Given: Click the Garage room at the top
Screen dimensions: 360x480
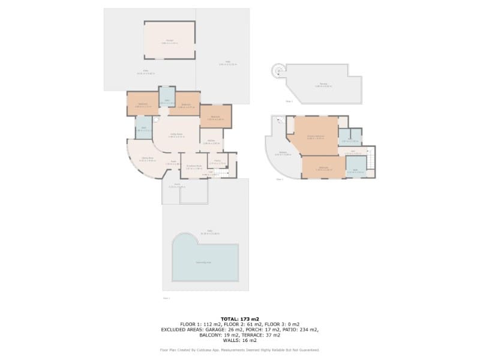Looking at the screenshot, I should [169, 40].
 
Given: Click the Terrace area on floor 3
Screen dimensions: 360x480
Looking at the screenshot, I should [324, 85].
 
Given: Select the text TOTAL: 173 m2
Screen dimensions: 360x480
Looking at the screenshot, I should [239, 319].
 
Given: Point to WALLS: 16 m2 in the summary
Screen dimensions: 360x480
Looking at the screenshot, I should [240, 340].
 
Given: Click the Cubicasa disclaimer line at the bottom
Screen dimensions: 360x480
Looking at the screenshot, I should [240, 350].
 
